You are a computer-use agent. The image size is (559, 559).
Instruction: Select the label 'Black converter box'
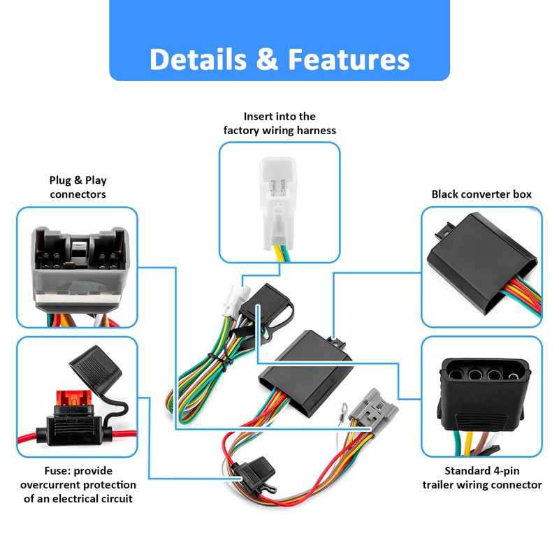point(481,194)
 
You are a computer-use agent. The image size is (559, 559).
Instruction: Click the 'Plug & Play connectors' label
point(78,187)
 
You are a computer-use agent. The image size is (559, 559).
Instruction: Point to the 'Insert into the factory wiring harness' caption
point(279,124)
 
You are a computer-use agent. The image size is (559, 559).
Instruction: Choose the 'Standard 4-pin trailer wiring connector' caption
point(482,478)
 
